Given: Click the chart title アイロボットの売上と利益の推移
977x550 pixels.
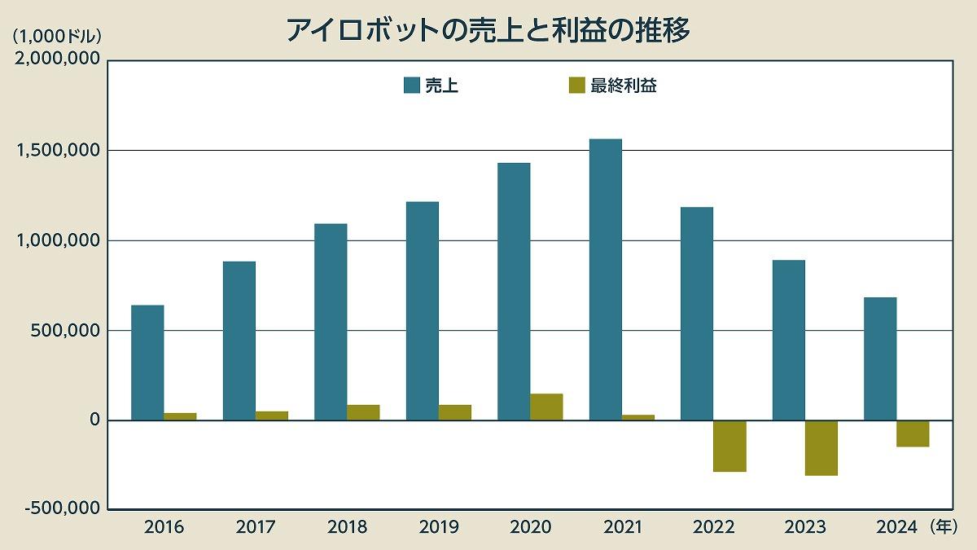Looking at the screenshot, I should tap(488, 30).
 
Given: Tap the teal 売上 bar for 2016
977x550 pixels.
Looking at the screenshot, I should tap(147, 363).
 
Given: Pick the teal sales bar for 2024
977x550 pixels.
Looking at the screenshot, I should tap(880, 359).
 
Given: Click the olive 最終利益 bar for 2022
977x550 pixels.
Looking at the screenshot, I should tap(729, 446).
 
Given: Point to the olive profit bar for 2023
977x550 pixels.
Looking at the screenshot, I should tap(821, 447).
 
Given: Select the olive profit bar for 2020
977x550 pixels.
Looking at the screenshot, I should tap(546, 407).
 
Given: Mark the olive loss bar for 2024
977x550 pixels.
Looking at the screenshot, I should tap(913, 433).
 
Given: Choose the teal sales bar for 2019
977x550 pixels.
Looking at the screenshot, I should tap(422, 310).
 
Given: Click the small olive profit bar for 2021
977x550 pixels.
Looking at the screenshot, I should tap(638, 417).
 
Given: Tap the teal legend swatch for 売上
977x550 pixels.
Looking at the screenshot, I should tap(412, 86).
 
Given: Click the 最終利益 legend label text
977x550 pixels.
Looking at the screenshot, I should tap(624, 86).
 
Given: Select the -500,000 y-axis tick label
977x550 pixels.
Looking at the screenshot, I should tap(58, 508).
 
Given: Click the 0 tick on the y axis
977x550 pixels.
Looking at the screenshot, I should tap(93, 420).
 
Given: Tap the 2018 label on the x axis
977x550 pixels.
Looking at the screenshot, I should tap(348, 527).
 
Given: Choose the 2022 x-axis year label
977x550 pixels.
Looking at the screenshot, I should tap(713, 527).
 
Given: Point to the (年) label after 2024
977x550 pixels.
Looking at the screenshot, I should tap(944, 527).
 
